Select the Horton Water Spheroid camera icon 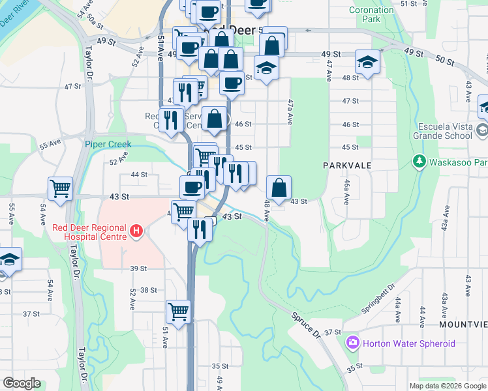coord(353,342)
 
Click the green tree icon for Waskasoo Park coord(418,161)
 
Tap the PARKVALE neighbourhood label coord(347,166)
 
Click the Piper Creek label coord(108,144)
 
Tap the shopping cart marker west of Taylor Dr coord(60,188)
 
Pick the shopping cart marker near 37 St coord(178,311)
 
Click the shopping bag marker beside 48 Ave coord(279,187)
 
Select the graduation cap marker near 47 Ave coord(367,63)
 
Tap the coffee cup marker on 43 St coord(192,187)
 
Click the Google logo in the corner coord(22,383)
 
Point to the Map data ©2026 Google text coord(447,386)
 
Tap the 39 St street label coord(138,268)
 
